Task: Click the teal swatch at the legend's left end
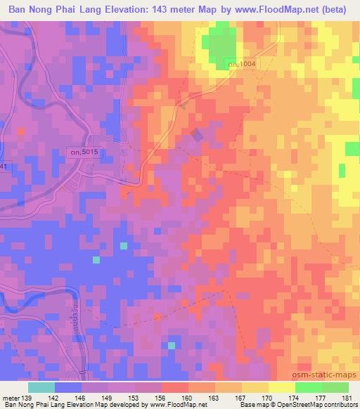click(41, 387)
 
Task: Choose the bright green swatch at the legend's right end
click(335, 387)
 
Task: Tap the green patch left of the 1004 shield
click(219, 46)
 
